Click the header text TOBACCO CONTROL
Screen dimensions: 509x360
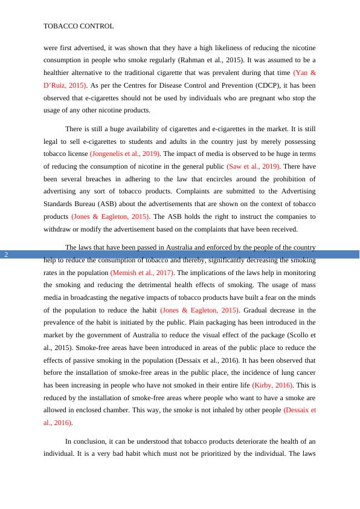(79, 27)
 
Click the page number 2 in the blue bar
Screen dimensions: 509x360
(6, 254)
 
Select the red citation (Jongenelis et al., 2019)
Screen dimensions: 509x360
(125, 154)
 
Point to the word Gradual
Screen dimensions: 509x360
(261, 310)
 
